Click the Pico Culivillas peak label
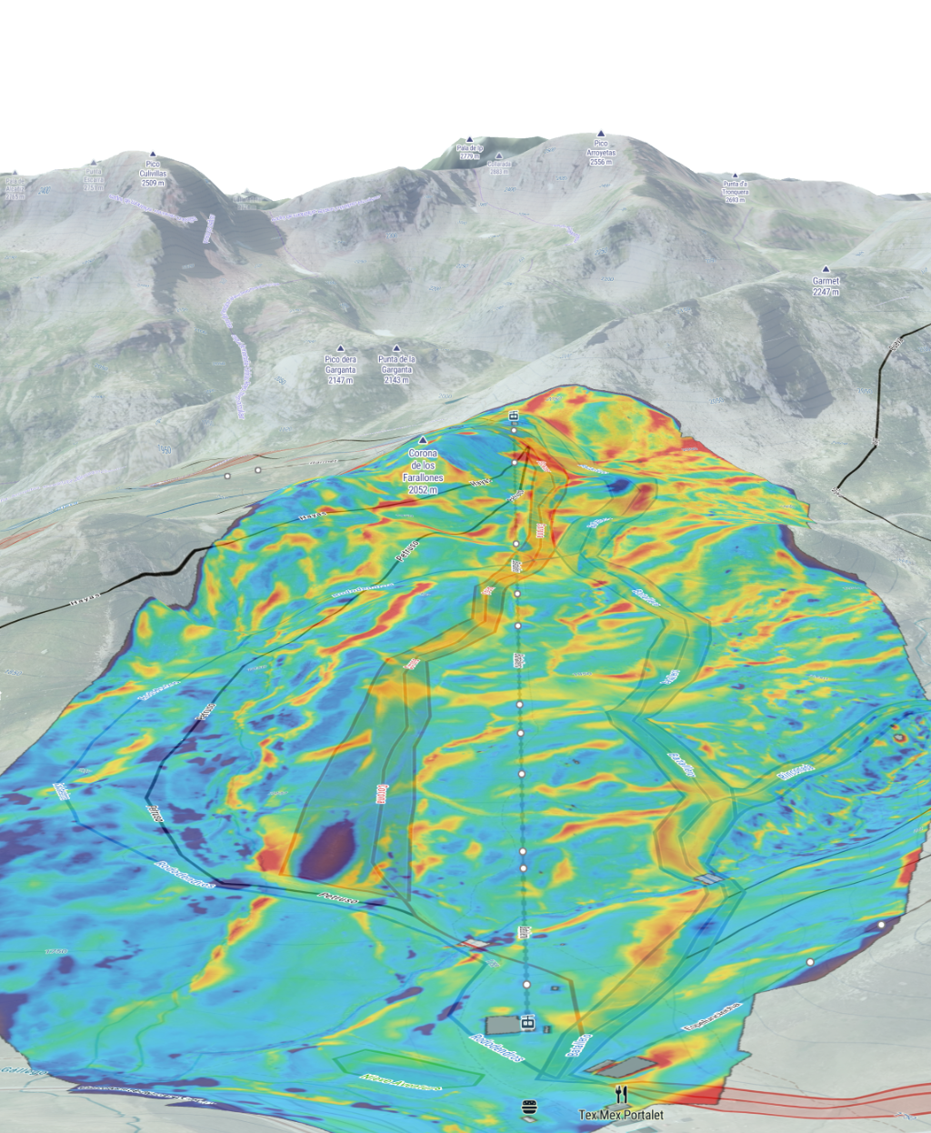pos(153,174)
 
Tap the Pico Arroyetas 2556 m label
pos(601,152)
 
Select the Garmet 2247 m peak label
pos(826,286)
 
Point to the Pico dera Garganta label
pos(341,369)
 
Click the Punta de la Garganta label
pos(397,369)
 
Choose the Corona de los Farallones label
pos(423,471)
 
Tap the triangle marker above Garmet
pos(826,269)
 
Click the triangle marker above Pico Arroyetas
pos(601,133)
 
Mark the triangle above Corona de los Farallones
pos(423,440)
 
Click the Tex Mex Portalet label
pos(621,1115)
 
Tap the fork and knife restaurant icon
pos(621,1093)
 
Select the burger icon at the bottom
pos(530,1108)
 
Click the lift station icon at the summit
pos(514,416)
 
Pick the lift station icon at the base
pos(527,1023)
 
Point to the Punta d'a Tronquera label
pos(735,191)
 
